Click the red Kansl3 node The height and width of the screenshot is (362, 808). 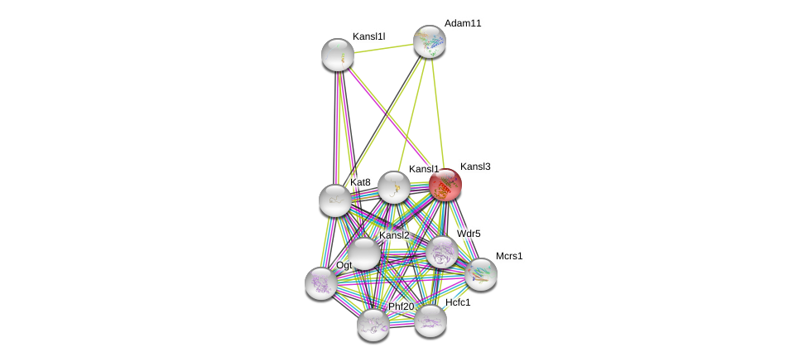445,185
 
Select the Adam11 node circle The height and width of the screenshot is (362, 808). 430,41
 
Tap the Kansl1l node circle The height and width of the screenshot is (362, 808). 338,55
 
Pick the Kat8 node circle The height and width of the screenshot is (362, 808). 335,200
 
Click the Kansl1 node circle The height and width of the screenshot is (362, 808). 394,187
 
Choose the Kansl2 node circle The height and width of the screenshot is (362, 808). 363,253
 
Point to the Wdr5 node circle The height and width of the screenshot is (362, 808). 442,252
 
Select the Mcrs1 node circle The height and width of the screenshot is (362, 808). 481,273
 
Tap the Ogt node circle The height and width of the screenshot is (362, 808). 320,283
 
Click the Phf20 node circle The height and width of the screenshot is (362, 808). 373,324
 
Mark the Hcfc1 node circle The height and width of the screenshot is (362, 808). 430,321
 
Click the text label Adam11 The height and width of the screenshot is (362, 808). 462,23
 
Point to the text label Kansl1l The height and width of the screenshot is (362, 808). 368,36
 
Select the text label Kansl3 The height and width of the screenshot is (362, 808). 475,167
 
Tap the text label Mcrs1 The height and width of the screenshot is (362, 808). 509,256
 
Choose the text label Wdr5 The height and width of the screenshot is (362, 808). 469,234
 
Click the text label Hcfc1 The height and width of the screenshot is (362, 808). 458,302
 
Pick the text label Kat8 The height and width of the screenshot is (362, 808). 360,182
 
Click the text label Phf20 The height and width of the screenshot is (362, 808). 401,306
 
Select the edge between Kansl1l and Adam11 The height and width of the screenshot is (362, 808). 383,48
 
